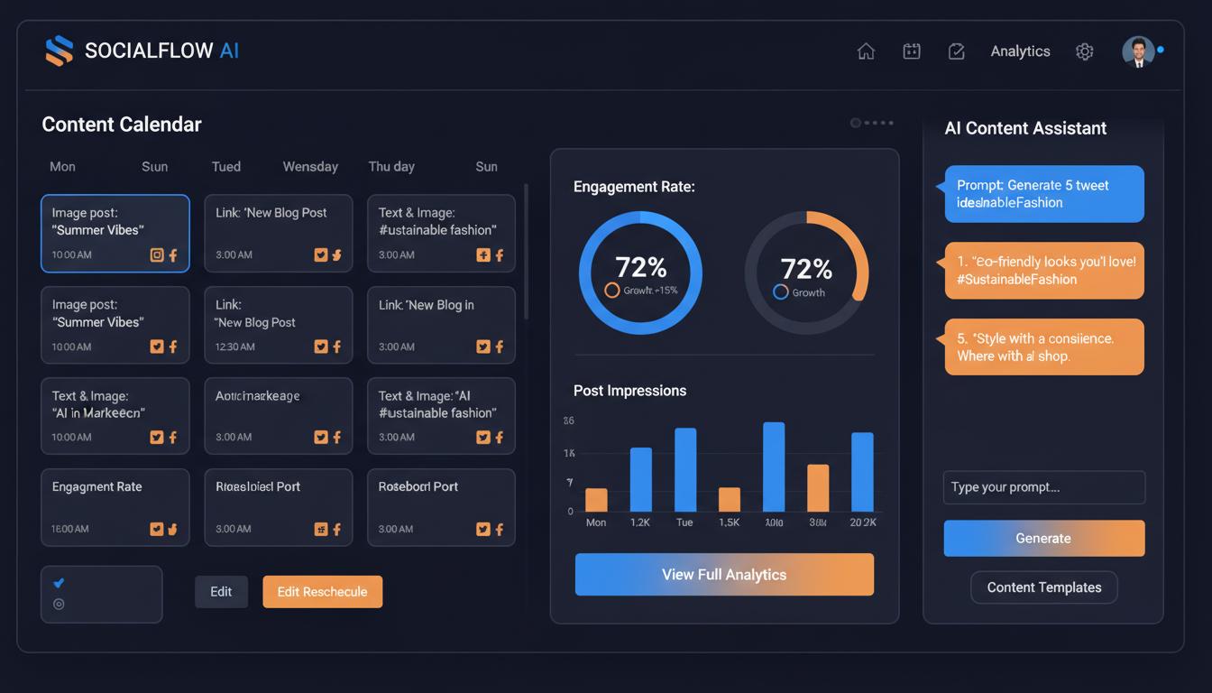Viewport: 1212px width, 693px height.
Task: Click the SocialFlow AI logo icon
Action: [x=59, y=51]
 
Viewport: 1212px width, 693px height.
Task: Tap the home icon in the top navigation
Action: [x=866, y=51]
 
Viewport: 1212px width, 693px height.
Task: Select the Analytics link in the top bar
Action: [x=1020, y=51]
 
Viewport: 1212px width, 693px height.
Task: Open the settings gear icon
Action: [x=1085, y=51]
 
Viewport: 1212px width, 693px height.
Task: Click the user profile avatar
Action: [x=1138, y=51]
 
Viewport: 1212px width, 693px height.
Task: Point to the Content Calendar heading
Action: [x=122, y=125]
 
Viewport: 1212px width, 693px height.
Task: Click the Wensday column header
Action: [x=310, y=166]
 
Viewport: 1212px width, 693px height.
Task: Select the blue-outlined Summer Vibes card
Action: [x=115, y=233]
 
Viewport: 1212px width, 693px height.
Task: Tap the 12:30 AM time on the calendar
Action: [x=233, y=346]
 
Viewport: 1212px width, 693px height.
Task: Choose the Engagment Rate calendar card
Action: [x=115, y=506]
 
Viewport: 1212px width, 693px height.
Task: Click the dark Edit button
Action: [x=221, y=592]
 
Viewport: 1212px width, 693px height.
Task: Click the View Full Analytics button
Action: [x=724, y=575]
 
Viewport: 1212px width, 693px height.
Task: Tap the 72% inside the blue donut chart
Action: [x=640, y=267]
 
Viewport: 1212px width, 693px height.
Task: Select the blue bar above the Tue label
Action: [x=685, y=469]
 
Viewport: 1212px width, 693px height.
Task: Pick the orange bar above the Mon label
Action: [x=596, y=500]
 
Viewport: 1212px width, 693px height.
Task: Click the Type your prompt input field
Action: [x=1043, y=487]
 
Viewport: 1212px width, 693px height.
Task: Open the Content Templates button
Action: [x=1043, y=587]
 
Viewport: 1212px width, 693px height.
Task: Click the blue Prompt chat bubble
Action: [x=1043, y=194]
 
